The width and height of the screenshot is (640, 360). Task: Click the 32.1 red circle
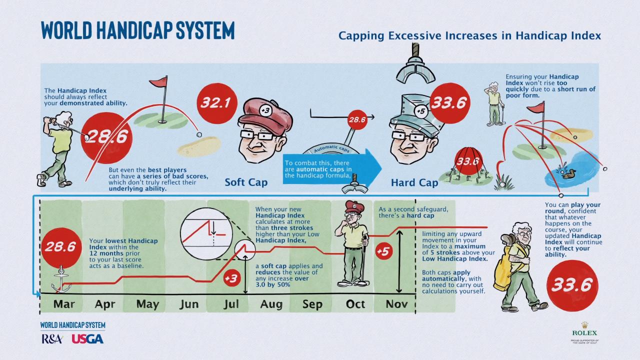coord(216,103)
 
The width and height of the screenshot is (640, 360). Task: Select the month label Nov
coord(396,304)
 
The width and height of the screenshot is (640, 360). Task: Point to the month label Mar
coord(64,304)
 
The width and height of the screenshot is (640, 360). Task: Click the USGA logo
coord(87,339)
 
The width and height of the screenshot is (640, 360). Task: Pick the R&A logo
coord(51,339)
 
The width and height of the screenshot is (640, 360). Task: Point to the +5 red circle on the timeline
coord(382,251)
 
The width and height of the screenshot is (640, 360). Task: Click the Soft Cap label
coord(246,182)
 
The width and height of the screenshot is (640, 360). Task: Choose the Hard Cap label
coord(414,183)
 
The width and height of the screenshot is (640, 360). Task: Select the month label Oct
coord(355,304)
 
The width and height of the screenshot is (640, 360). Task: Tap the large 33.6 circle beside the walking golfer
coord(572,284)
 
